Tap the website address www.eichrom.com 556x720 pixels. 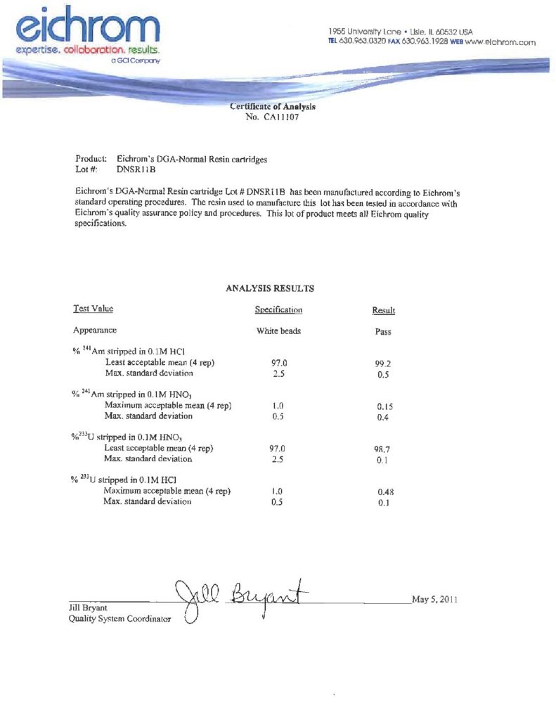[500, 42]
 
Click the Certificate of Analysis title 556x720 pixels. [273, 107]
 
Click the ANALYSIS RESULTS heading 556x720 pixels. [270, 288]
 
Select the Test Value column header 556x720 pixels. [93, 309]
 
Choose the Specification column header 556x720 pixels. [278, 309]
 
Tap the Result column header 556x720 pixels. [383, 310]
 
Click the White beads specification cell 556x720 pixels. [278, 330]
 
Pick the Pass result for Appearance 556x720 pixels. [383, 331]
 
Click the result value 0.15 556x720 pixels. [384, 406]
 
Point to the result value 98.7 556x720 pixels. [384, 449]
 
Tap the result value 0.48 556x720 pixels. [384, 492]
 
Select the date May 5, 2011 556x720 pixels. [434, 600]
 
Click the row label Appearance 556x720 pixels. [95, 330]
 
